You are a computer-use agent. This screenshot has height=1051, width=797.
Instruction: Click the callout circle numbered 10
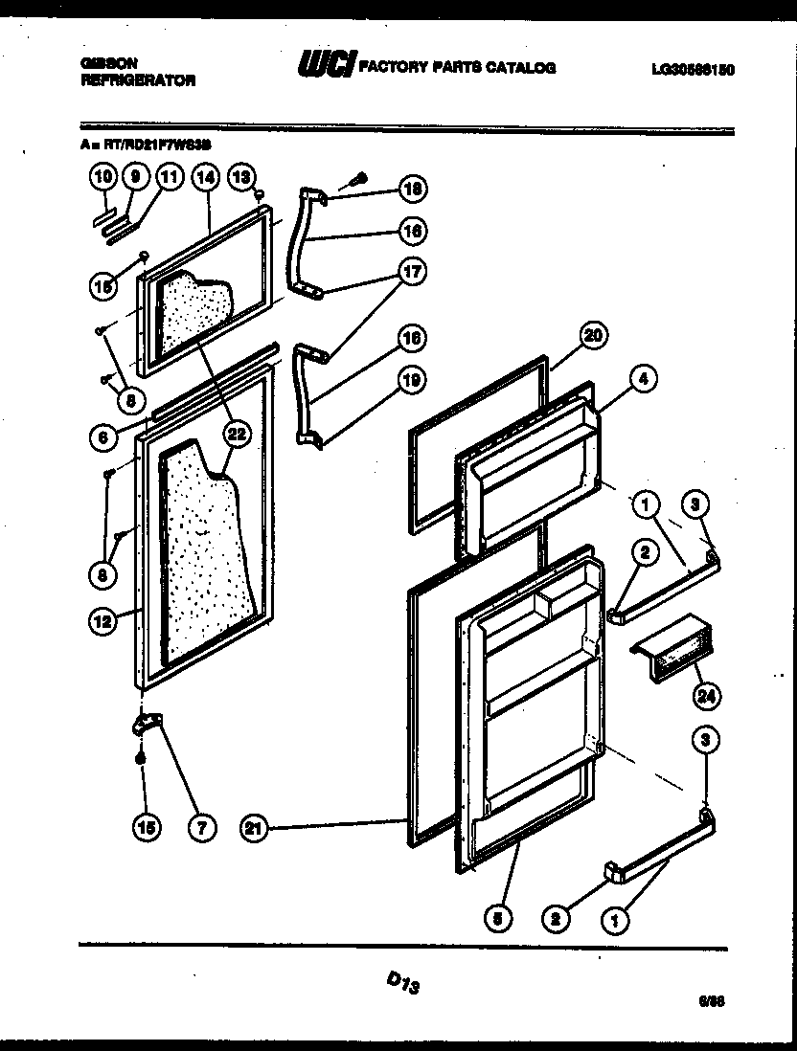pos(103,176)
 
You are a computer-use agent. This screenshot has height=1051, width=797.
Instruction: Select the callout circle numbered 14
pos(205,176)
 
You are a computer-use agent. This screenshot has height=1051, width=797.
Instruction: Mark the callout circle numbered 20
pos(594,335)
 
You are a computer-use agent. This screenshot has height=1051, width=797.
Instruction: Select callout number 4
pos(643,379)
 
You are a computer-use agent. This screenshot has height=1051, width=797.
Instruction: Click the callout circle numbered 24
pos(705,696)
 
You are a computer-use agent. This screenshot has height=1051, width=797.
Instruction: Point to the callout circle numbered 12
pos(103,621)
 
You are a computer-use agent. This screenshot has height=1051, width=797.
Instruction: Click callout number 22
pos(235,435)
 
